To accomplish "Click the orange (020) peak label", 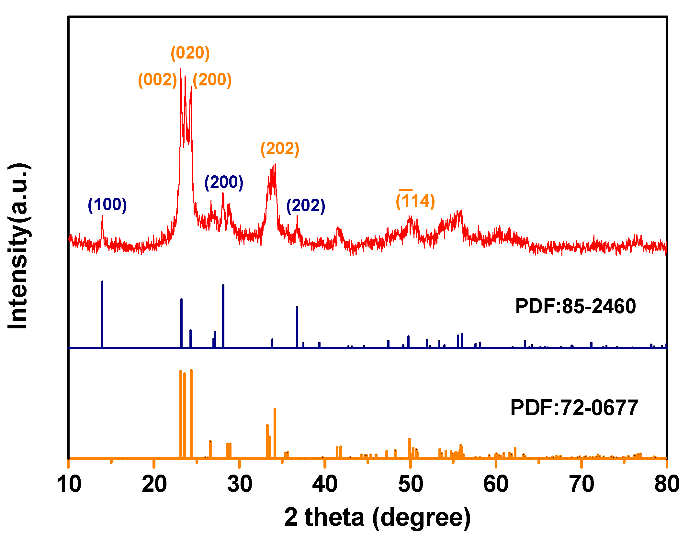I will [x=190, y=53].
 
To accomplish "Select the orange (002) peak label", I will [x=158, y=80].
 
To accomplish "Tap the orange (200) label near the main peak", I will [x=212, y=80].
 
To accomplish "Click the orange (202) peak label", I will [x=280, y=149].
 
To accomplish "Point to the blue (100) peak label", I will [x=107, y=205].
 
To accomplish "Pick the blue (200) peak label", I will [x=224, y=182].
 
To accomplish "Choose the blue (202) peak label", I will [x=306, y=206].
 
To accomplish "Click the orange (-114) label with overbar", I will [x=415, y=201].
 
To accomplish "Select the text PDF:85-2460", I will [x=575, y=306].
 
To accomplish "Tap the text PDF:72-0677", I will [x=574, y=408].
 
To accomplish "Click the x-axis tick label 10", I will [x=69, y=484].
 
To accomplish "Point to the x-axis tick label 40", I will [x=325, y=484].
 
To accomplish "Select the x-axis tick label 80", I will [x=667, y=484].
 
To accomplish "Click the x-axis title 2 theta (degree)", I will [x=377, y=517].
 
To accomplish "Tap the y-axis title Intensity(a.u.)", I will [x=19, y=246].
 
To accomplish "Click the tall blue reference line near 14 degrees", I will [x=102, y=314].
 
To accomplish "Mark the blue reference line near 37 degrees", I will [x=297, y=327].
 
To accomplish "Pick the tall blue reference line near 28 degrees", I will [x=223, y=315].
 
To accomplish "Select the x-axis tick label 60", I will [x=496, y=484].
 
